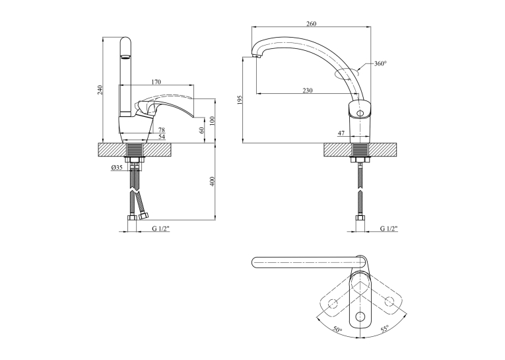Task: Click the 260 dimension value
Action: point(312,24)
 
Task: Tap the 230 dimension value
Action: point(308,90)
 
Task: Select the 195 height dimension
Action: point(239,100)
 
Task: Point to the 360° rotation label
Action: point(380,63)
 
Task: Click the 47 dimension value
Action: point(341,133)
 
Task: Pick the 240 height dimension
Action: point(100,90)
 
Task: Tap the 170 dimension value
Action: point(156,82)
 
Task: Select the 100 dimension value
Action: point(212,121)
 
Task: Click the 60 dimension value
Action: point(201,130)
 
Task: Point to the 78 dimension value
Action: point(162,130)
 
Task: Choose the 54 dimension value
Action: point(162,137)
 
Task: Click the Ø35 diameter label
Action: point(117,168)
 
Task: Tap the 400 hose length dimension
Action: point(212,182)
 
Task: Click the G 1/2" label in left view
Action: point(160,229)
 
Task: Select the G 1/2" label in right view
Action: point(389,229)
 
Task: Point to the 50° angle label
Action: point(337,330)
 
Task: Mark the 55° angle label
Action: point(385,328)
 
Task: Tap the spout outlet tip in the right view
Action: point(256,57)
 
